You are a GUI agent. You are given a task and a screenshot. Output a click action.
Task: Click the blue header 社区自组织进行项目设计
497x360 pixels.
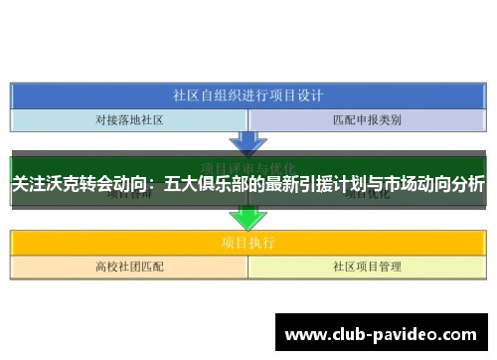tap(248, 96)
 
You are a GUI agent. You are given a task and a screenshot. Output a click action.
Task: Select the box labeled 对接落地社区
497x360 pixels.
tap(129, 120)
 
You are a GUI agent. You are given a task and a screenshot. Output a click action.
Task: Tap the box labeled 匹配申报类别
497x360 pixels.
tap(367, 120)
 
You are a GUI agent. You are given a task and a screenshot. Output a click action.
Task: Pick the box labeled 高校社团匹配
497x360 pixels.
tap(129, 267)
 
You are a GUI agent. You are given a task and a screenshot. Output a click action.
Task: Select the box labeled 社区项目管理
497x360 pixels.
tap(367, 267)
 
